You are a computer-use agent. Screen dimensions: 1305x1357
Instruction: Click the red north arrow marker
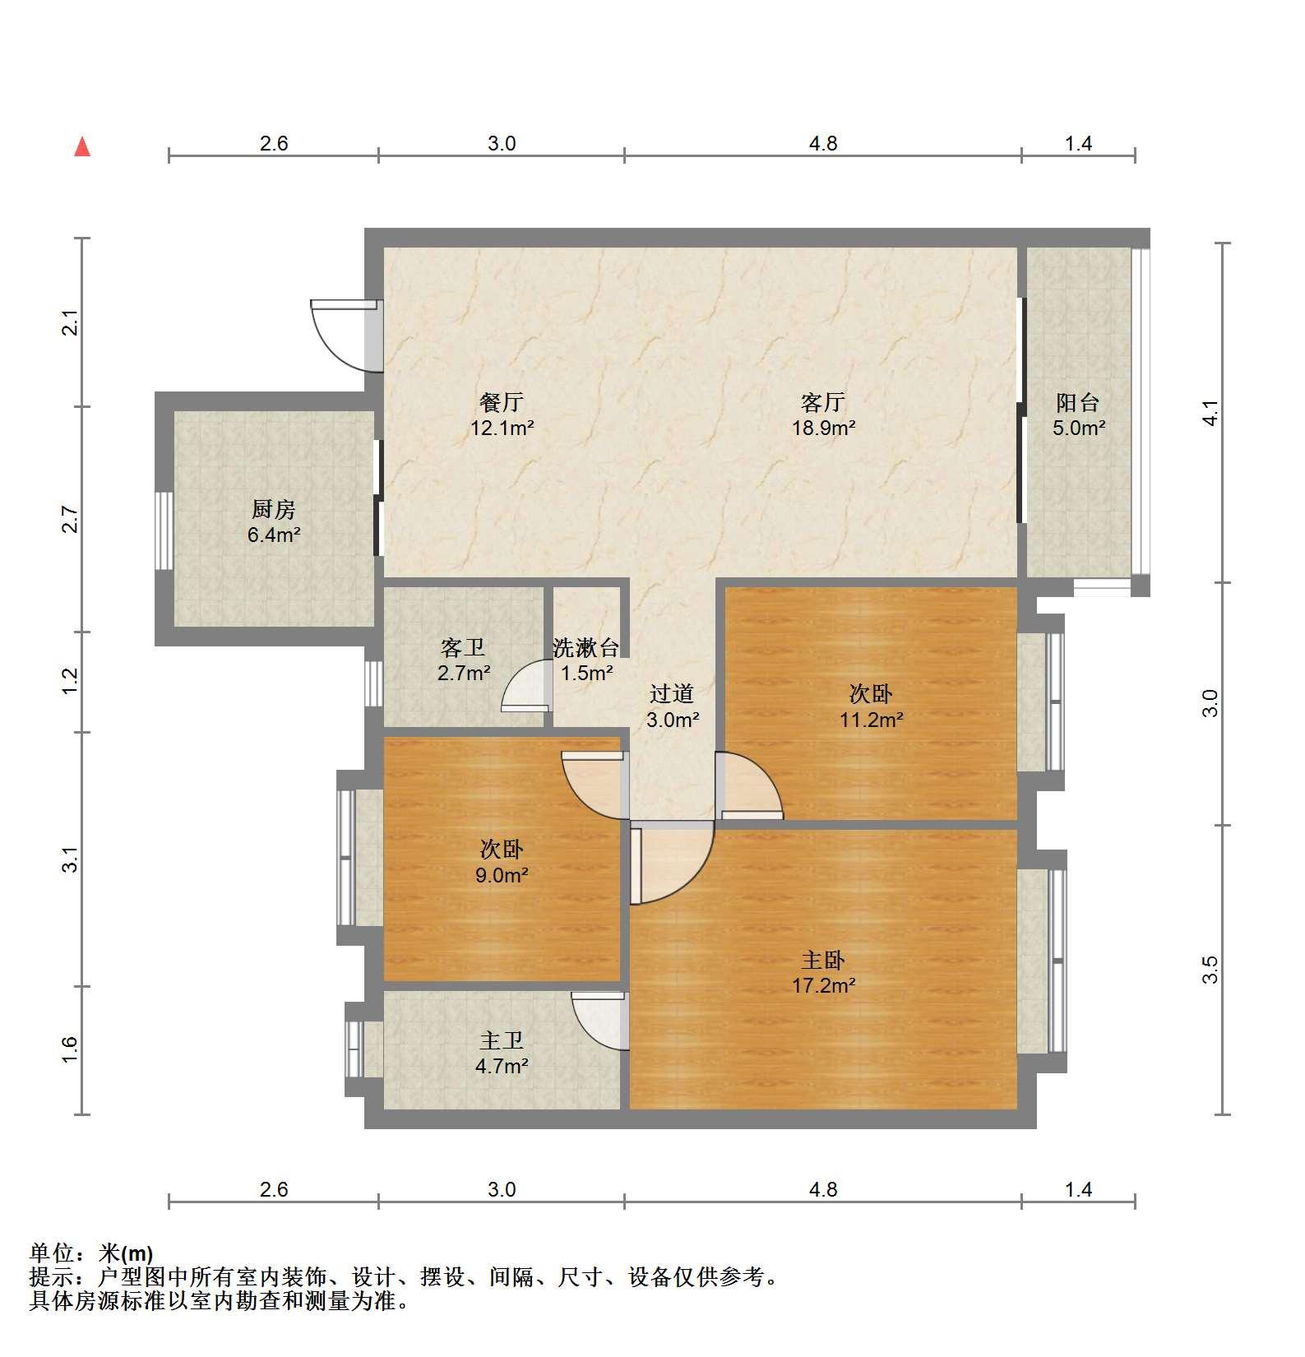[x=82, y=147]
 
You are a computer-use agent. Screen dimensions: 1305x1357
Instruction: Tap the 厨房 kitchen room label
[x=274, y=510]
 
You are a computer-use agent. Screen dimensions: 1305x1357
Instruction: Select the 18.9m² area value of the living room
[x=823, y=428]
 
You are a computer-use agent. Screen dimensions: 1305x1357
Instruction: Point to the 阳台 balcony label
[x=1078, y=402]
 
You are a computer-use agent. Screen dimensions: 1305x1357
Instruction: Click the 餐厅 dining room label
[x=502, y=402]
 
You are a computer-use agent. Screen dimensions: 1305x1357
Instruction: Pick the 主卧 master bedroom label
[x=823, y=960]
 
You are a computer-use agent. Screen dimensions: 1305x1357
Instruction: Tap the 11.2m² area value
[x=872, y=720]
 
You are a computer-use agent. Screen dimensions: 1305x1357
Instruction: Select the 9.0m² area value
[x=502, y=875]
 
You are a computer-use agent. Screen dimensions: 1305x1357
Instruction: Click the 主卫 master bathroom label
[x=502, y=1041]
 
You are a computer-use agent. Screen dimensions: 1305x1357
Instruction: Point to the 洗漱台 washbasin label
[x=585, y=648]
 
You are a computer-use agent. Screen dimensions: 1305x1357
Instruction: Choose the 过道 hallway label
[x=672, y=694]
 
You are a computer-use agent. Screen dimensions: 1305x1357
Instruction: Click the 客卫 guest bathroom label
[x=463, y=648]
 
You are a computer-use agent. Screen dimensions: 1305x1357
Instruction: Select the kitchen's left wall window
[x=164, y=530]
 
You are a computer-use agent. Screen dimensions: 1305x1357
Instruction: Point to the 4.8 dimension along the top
[x=823, y=143]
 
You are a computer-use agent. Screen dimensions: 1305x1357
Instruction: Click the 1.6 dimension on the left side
[x=70, y=1049]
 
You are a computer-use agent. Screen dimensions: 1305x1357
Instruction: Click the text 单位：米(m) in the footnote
[x=91, y=1253]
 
